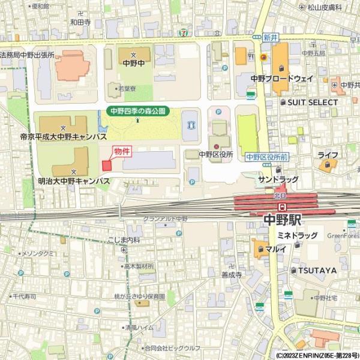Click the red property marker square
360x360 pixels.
107,165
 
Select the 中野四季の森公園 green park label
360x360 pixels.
138,111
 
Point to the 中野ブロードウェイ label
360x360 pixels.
282,79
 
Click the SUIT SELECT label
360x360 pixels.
312,103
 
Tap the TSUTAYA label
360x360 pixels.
317,271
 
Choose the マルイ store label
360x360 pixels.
275,248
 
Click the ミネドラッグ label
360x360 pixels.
297,236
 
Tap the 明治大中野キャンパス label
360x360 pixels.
73,180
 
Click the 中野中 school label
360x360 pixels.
134,62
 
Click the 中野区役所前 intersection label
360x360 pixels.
267,157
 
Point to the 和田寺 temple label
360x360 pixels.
80,22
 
